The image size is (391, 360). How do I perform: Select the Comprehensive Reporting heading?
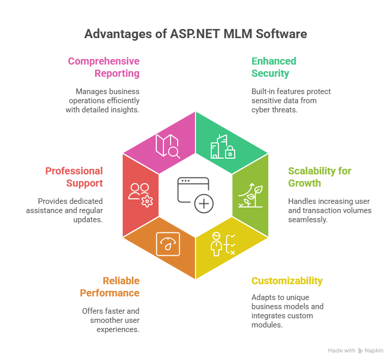point(104,67)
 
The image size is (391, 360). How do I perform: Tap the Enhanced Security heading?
point(273,67)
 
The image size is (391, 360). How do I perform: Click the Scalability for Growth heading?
point(319,176)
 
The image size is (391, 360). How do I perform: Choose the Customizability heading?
point(287,281)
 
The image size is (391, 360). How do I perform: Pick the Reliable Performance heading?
point(109,287)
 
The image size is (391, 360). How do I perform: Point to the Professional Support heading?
point(74,176)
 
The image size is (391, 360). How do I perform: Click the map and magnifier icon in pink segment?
point(167,145)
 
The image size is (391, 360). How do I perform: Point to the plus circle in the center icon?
point(204,204)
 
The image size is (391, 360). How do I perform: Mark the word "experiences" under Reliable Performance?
point(118,329)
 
